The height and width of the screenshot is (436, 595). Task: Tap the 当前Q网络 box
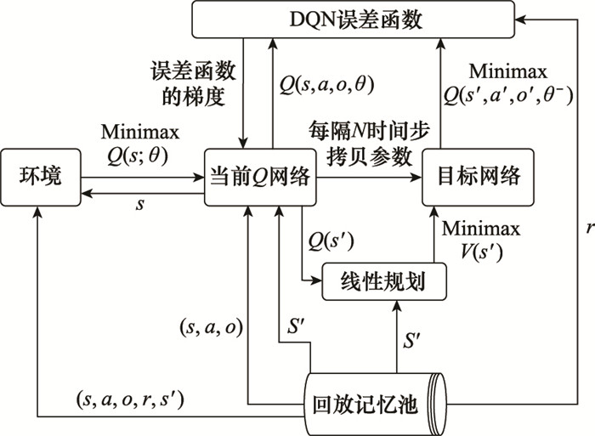[x=258, y=178]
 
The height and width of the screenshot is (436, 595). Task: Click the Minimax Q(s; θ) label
[x=139, y=144]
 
